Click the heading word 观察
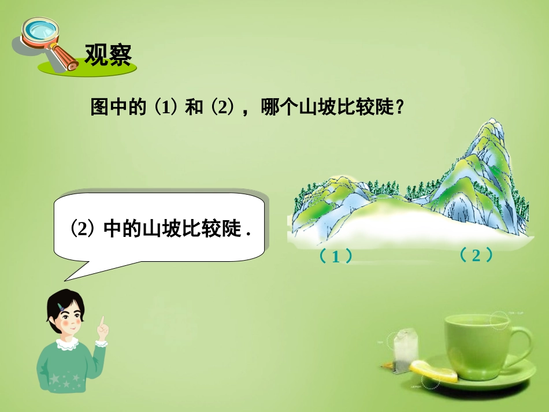(108, 55)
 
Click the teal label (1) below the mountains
(335, 257)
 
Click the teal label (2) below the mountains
(476, 255)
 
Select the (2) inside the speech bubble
(82, 229)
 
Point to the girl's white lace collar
(68, 345)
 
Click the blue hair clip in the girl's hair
(60, 305)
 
